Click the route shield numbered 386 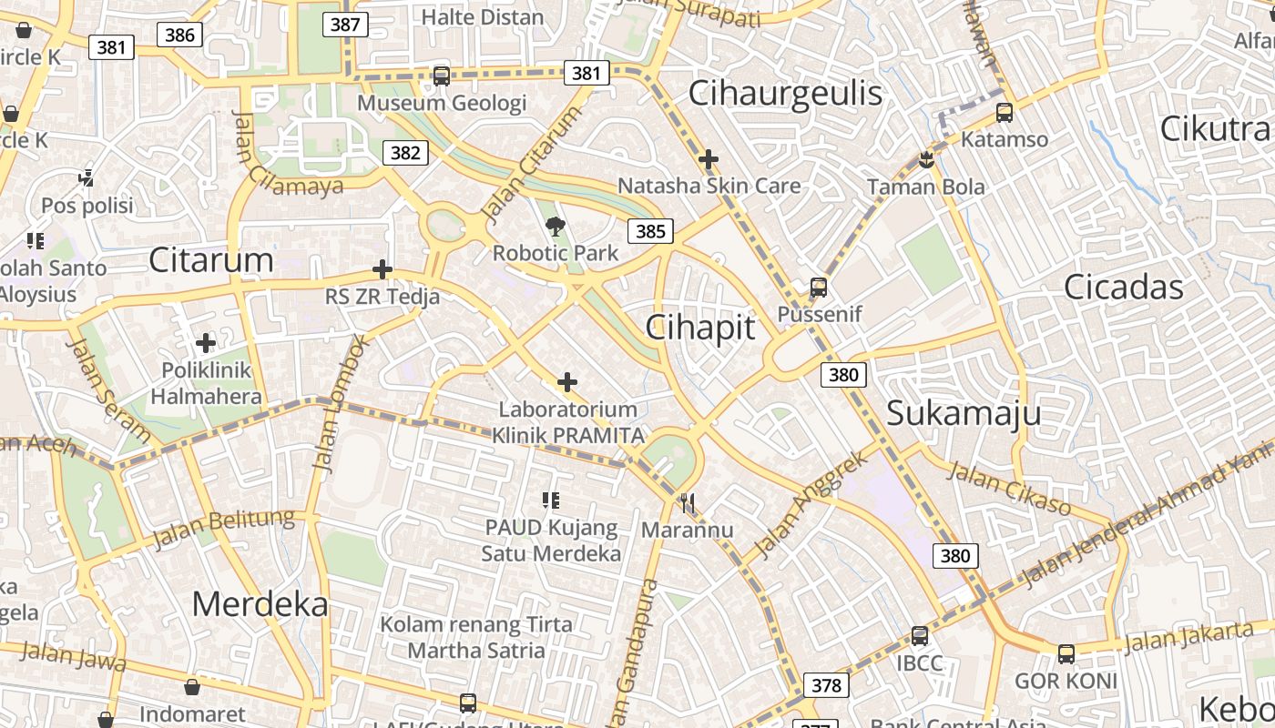180,35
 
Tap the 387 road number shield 344,25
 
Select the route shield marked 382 404,153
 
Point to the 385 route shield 650,231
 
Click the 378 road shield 826,685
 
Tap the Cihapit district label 700,328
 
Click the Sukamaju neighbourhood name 964,413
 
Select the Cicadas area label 1124,288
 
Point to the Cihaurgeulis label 785,93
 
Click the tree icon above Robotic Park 555,227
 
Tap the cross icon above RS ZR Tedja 382,270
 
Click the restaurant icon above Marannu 688,503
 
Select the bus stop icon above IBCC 920,636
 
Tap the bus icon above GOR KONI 1066,653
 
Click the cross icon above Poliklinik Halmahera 206,343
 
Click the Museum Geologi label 442,103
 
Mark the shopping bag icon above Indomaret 191,687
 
